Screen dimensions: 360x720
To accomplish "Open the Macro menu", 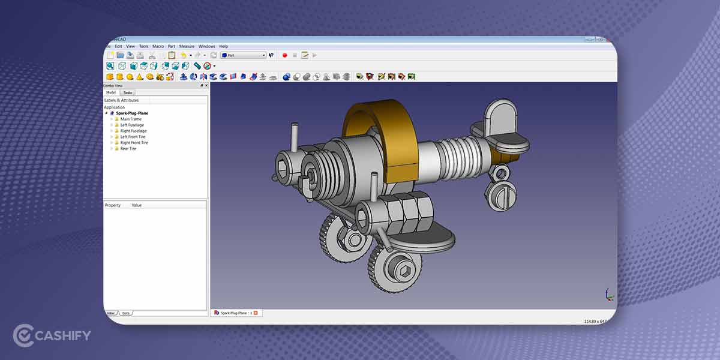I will click(158, 46).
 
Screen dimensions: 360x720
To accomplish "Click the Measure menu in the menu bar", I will click(187, 46).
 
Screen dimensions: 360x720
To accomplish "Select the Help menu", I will click(223, 46).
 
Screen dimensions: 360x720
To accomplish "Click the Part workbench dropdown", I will click(243, 55).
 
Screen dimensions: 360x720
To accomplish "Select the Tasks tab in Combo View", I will click(128, 92).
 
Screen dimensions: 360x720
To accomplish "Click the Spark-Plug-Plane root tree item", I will click(132, 113).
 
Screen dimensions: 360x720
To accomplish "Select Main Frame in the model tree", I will click(131, 119).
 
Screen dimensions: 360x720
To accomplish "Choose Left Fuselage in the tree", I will click(132, 125).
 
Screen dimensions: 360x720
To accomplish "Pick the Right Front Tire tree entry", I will click(134, 143).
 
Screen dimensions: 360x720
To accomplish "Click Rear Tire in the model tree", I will click(128, 149).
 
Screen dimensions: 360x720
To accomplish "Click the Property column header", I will click(113, 205).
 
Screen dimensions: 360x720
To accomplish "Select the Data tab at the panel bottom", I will click(126, 313).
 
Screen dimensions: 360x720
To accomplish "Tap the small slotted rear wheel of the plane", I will click(499, 196).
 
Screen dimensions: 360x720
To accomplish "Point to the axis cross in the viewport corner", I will click(609, 295).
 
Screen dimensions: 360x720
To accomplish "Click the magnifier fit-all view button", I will click(110, 66).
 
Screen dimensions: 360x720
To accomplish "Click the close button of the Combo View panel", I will click(206, 86).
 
